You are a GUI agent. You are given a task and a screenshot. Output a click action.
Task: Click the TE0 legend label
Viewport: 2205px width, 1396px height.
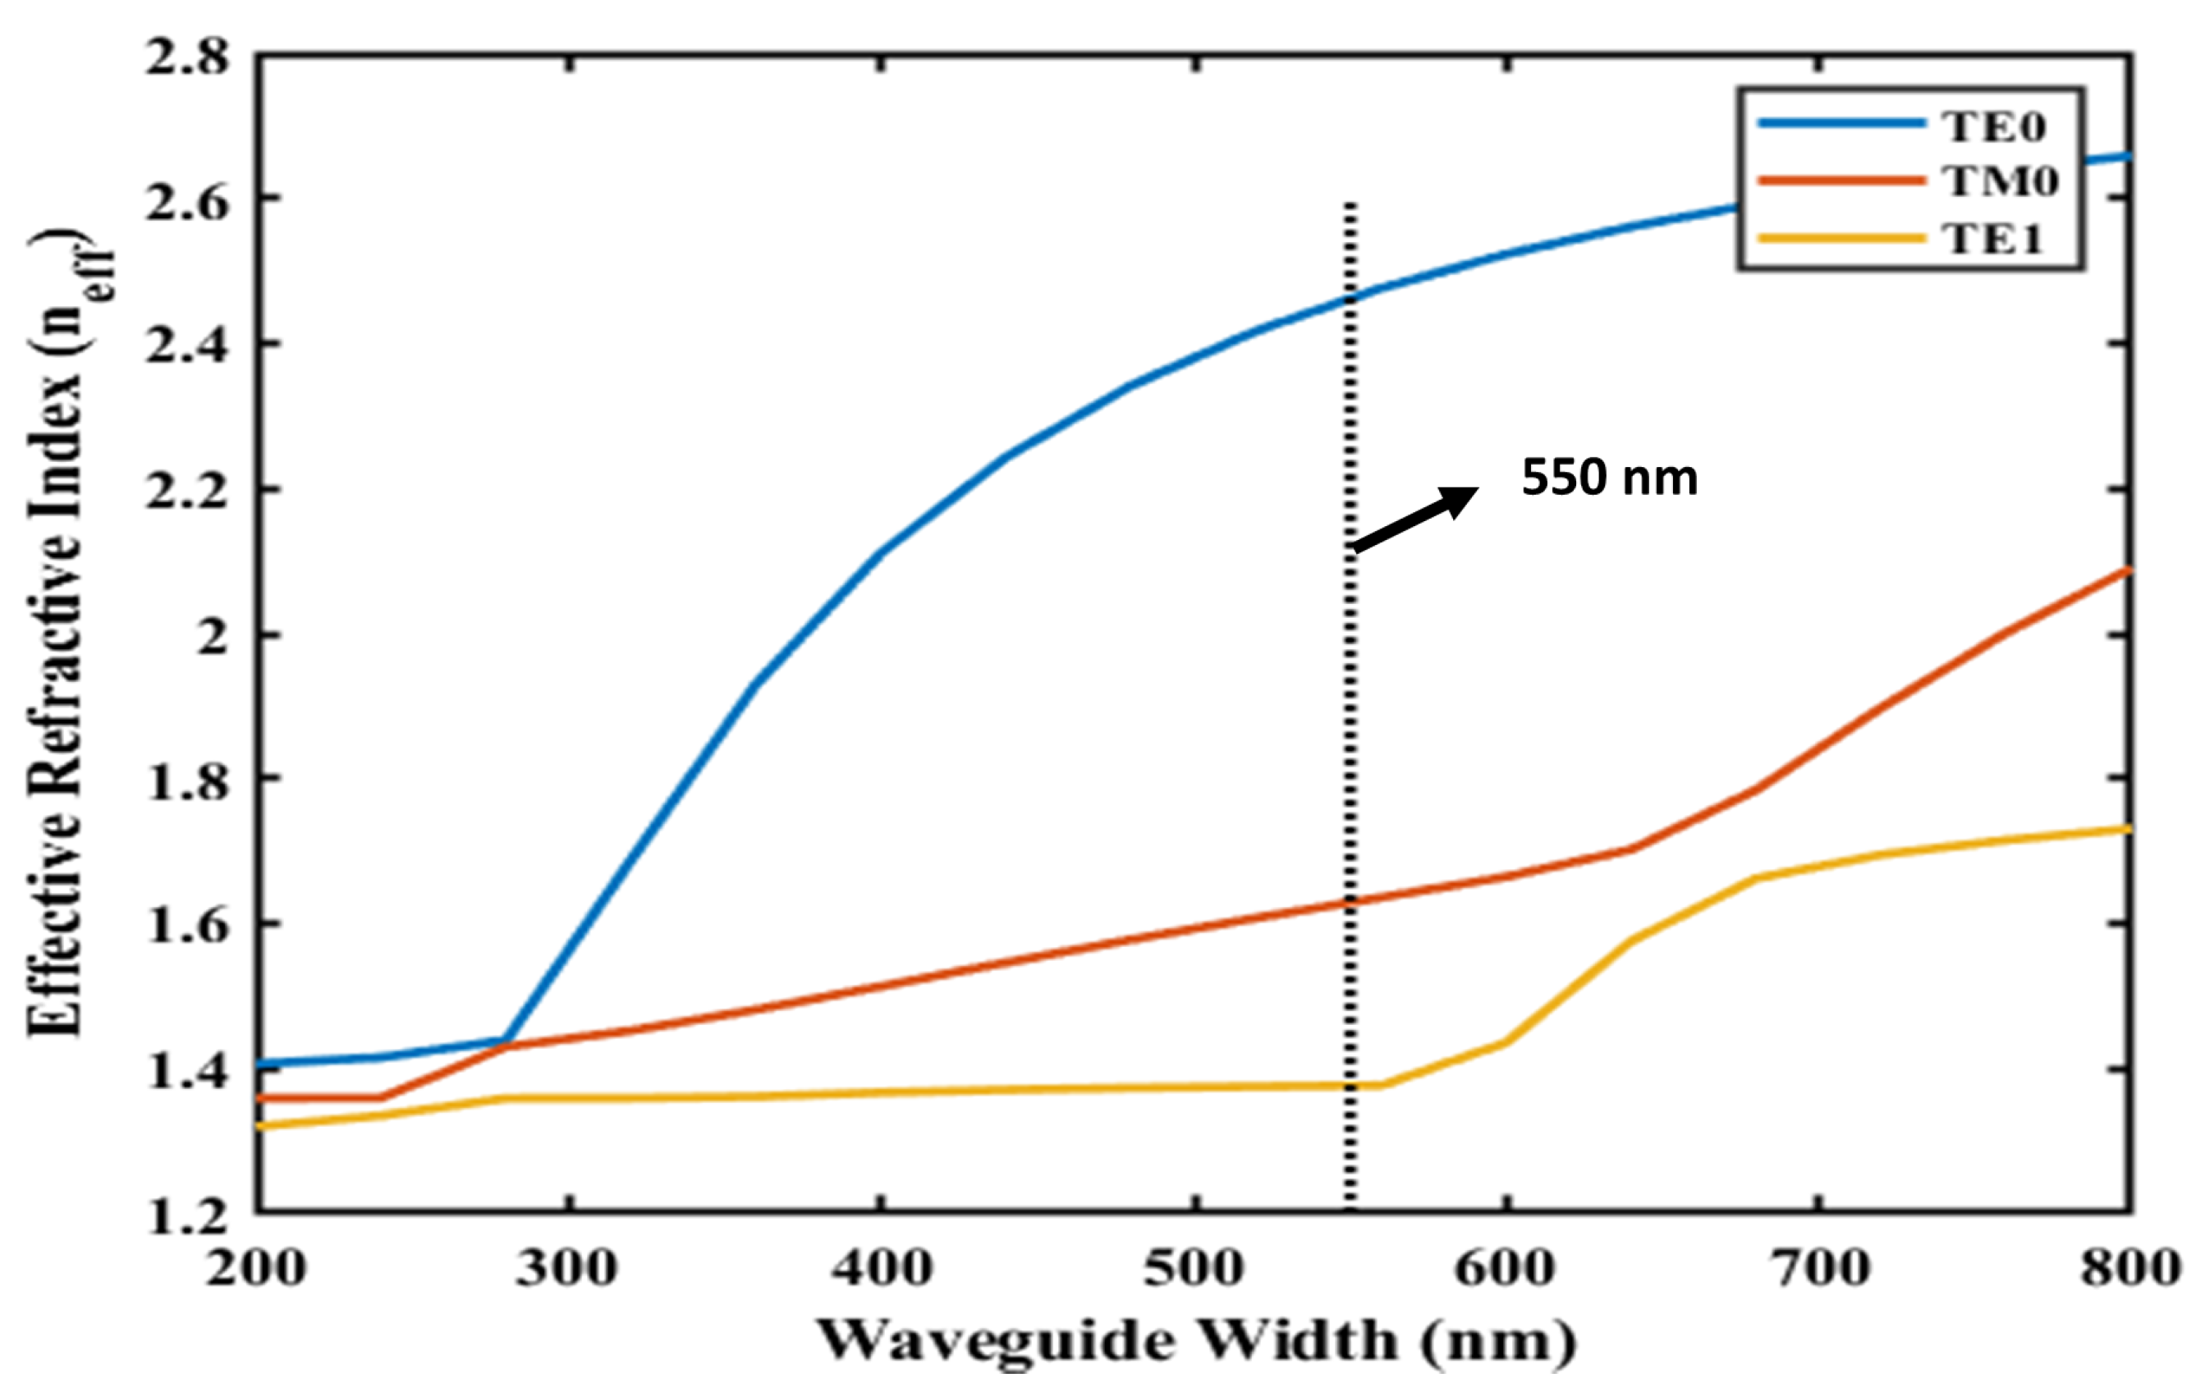click(1992, 128)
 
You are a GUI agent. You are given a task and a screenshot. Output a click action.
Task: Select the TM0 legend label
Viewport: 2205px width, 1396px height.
click(2001, 182)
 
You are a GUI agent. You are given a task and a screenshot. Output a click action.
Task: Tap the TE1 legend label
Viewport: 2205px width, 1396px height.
click(1992, 239)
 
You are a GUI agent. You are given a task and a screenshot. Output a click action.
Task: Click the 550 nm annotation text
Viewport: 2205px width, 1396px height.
click(1609, 478)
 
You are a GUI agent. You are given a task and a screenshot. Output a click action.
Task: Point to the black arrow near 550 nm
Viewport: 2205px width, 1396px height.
click(1414, 519)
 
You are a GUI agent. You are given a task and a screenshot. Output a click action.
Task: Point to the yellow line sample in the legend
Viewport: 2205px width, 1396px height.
click(1841, 238)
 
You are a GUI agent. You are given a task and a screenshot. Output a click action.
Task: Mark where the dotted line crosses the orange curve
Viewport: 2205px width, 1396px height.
click(1350, 903)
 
